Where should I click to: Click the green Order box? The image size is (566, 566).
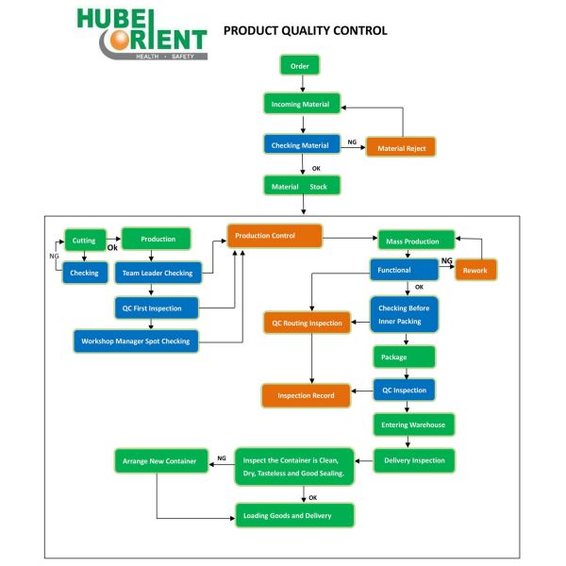pos(300,66)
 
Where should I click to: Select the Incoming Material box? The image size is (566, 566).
pos(300,105)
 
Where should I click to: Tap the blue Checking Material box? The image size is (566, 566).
pos(300,145)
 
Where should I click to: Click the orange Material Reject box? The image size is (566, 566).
pos(402,148)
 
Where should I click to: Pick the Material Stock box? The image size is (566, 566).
pos(300,186)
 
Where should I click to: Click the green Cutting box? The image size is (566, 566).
pos(84,240)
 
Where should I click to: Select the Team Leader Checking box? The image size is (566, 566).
pos(158,274)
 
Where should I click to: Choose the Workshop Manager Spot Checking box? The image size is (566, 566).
pos(136,341)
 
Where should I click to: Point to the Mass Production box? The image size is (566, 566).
pos(415,241)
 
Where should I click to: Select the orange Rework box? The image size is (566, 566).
pos(475,271)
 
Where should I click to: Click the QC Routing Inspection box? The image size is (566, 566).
pos(307,324)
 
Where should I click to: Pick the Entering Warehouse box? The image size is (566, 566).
pos(414,424)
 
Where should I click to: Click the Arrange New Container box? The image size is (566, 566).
pos(159,461)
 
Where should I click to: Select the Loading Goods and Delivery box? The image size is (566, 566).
pos(294,515)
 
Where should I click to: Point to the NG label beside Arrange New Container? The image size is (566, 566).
pos(222,458)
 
